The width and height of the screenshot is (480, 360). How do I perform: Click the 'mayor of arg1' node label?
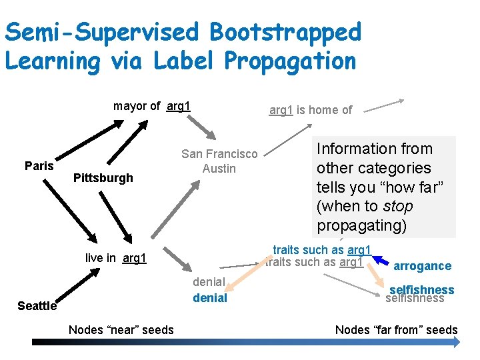[x=152, y=106]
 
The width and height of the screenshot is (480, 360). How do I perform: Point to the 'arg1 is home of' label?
[x=310, y=110]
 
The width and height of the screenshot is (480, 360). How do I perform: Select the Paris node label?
[x=39, y=165]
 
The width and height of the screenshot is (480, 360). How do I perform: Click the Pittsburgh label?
[x=103, y=177]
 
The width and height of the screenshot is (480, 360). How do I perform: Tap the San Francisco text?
[x=219, y=154]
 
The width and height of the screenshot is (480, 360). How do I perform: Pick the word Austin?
[x=219, y=168]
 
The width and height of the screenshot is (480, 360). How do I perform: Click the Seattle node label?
[x=37, y=306]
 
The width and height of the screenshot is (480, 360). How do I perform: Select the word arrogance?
[x=422, y=266]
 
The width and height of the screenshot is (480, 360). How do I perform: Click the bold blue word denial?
[x=210, y=298]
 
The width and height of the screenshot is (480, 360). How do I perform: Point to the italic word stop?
[x=399, y=207]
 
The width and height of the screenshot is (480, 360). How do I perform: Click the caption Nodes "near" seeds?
[x=121, y=329]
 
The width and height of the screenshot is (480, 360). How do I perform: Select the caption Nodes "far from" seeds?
[x=396, y=329]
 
